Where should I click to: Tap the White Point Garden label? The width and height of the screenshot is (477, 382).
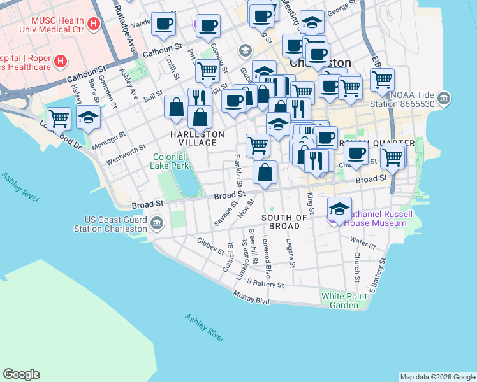click(x=340, y=301)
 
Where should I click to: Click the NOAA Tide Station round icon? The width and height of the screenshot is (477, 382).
click(x=444, y=98)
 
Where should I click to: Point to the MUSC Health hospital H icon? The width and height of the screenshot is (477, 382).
click(x=94, y=25)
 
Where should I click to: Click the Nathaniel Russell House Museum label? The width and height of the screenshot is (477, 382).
click(x=376, y=218)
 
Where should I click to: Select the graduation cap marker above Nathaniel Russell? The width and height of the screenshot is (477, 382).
click(x=340, y=208)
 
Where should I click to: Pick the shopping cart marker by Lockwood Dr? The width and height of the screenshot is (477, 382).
click(x=59, y=118)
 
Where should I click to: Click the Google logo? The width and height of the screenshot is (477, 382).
click(x=21, y=374)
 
